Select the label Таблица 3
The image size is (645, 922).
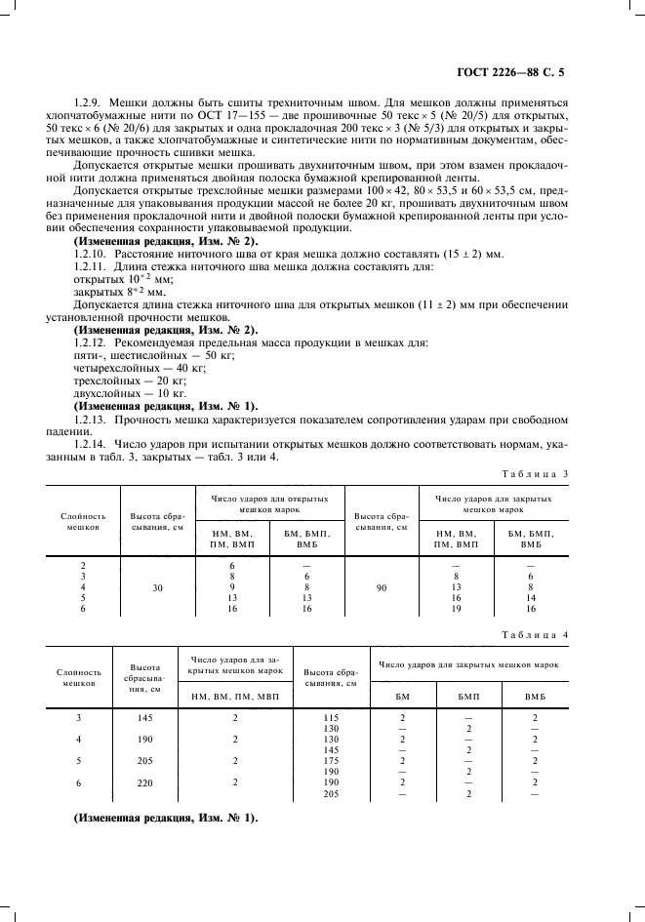pos(534,473)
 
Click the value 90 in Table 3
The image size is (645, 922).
pos(381,588)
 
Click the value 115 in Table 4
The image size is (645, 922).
pos(330,717)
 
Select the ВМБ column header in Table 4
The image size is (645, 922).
pos(535,696)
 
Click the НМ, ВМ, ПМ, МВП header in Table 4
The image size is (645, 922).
pos(234,696)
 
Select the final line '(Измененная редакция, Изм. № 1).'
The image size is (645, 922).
pos(166,818)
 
